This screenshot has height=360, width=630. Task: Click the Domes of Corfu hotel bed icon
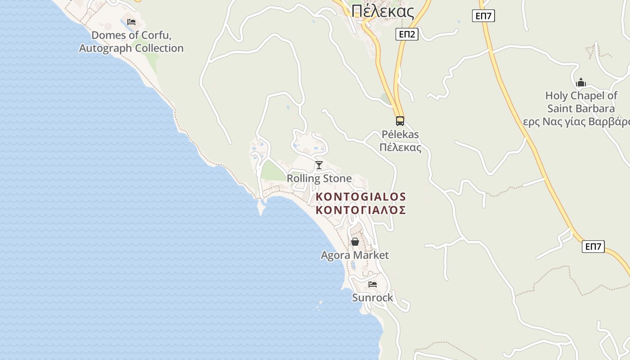[131, 22]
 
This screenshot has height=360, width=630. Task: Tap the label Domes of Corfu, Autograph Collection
[131, 42]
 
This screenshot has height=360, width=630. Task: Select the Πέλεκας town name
[382, 11]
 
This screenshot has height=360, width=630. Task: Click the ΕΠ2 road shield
[407, 34]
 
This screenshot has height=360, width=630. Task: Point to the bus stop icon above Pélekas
[400, 121]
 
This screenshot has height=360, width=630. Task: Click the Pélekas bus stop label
[400, 141]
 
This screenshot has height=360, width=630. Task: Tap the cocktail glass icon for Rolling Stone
[319, 165]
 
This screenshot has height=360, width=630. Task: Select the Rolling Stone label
[319, 179]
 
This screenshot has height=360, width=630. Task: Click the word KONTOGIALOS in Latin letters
[361, 197]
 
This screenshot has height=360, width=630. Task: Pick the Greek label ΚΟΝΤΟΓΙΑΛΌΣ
[361, 210]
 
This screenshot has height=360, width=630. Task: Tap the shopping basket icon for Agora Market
[355, 242]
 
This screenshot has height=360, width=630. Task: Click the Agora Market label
[355, 255]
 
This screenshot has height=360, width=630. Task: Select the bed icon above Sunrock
[373, 284]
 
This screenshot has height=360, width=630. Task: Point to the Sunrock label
[372, 297]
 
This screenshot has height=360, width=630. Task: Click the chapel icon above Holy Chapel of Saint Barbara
[581, 82]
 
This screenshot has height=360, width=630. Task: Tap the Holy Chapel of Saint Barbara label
[581, 102]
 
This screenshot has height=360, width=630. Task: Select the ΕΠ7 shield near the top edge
[484, 16]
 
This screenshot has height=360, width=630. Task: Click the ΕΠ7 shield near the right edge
[593, 246]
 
